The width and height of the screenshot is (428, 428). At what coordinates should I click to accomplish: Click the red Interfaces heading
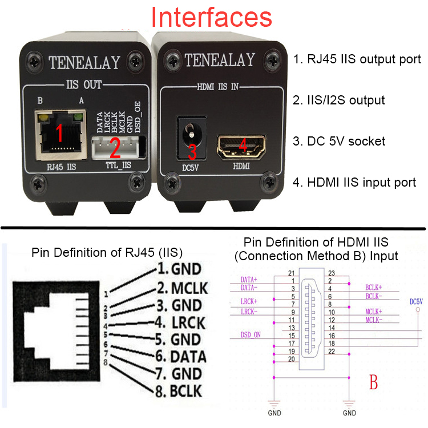click(215, 17)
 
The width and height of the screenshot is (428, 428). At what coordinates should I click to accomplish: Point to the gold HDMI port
click(242, 147)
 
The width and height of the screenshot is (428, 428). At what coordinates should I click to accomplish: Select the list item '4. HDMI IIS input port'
click(354, 183)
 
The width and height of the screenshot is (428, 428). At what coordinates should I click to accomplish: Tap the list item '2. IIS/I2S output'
click(339, 100)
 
